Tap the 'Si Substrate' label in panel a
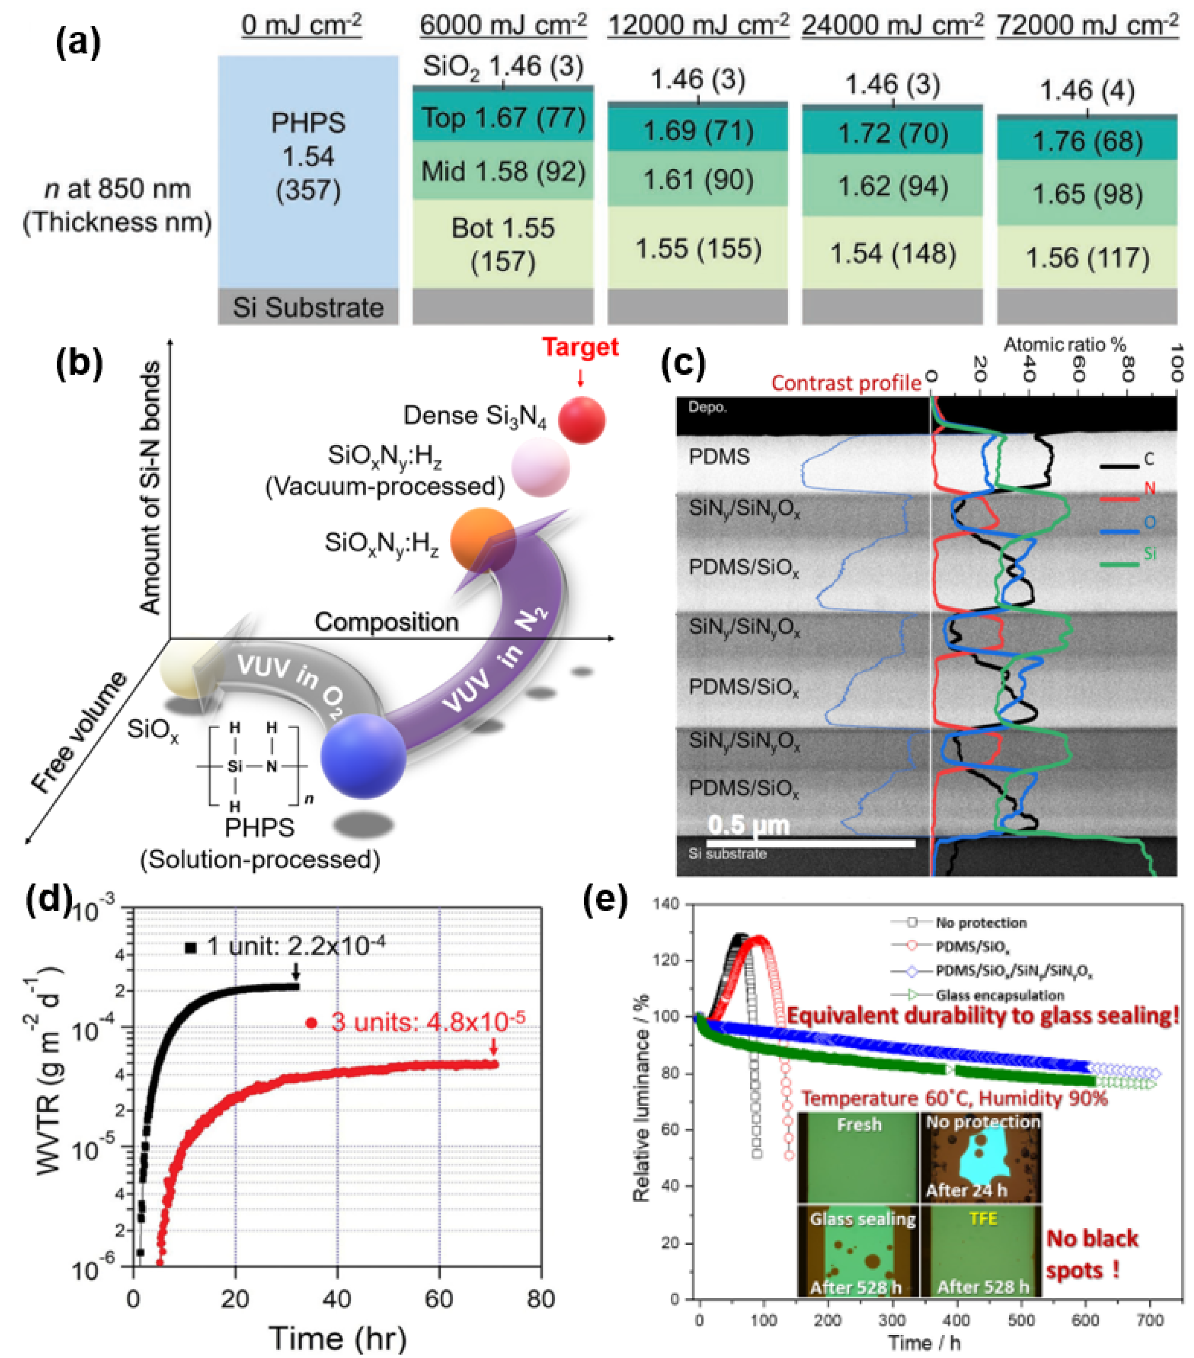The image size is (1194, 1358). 308,307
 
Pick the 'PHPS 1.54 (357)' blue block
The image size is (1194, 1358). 308,157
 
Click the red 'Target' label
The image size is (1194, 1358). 580,347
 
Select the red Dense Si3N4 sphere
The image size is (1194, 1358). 581,420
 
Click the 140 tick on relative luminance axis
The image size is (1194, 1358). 667,904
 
